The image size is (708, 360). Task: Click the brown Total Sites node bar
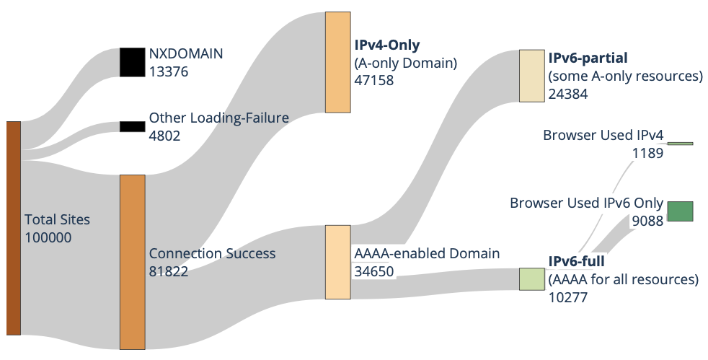pos(14,228)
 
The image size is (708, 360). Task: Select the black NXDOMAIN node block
pos(132,62)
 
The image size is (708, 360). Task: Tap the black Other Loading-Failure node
pos(132,126)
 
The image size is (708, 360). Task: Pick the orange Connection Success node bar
pos(132,262)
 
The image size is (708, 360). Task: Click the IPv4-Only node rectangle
pos(337,62)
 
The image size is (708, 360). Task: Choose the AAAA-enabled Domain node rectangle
pos(337,262)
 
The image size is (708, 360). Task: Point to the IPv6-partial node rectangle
pos(531,76)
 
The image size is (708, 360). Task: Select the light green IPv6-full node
pos(531,279)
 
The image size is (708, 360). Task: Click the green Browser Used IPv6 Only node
pos(680,211)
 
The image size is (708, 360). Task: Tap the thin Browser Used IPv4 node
pos(680,144)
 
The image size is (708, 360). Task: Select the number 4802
pos(164,135)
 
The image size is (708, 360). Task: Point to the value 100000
pos(48,237)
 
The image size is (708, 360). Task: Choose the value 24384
pos(568,94)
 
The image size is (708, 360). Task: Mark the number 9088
pos(647,221)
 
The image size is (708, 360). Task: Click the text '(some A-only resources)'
pos(625,76)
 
